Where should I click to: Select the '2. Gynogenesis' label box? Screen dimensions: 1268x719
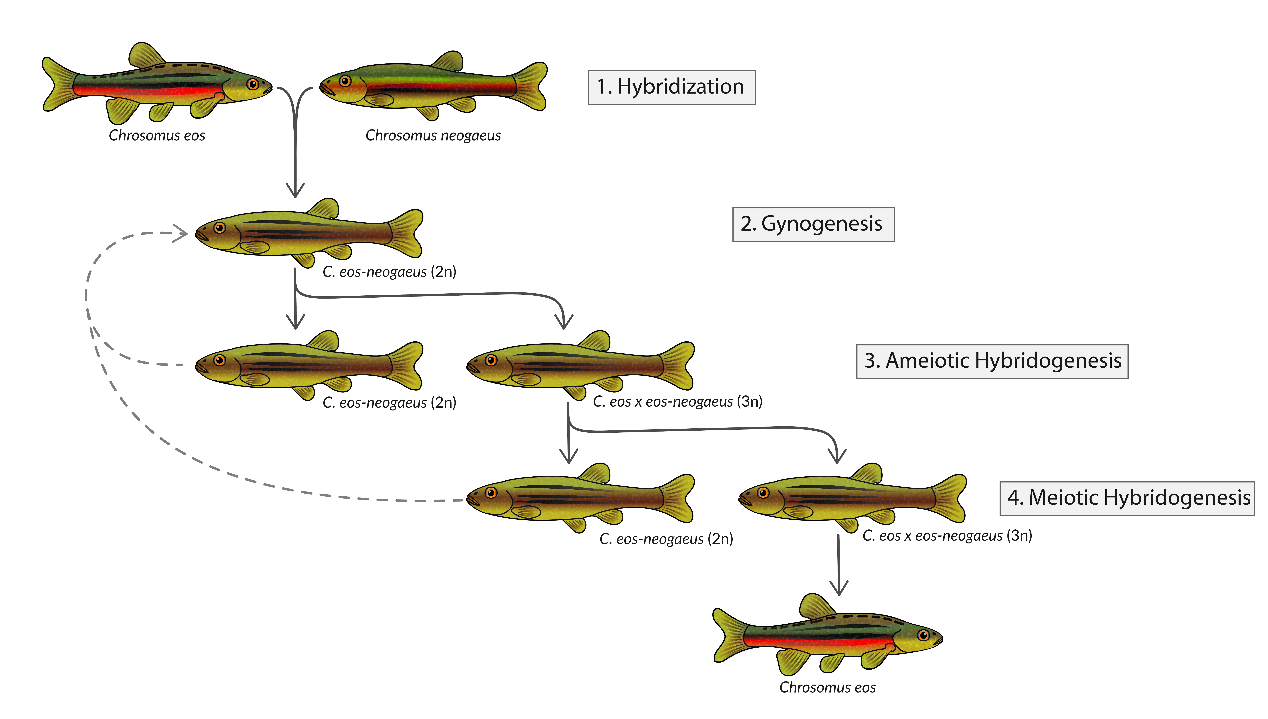click(813, 225)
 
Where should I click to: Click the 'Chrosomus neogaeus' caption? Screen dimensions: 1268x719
click(433, 135)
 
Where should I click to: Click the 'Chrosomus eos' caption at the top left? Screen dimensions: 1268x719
click(157, 135)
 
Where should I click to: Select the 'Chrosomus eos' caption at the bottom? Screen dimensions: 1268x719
click(828, 687)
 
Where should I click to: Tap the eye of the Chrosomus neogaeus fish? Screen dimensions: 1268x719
click(345, 81)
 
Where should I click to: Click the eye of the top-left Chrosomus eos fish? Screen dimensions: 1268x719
click(253, 84)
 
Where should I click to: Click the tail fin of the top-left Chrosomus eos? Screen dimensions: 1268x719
click(60, 84)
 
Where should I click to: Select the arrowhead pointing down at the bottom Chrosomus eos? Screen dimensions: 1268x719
click(839, 588)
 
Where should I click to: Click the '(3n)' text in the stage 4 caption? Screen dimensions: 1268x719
click(1019, 536)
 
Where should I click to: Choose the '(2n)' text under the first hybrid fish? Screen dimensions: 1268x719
click(443, 272)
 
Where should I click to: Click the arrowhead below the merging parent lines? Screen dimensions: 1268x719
click(295, 190)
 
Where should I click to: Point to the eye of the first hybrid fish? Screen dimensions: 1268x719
click(220, 228)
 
